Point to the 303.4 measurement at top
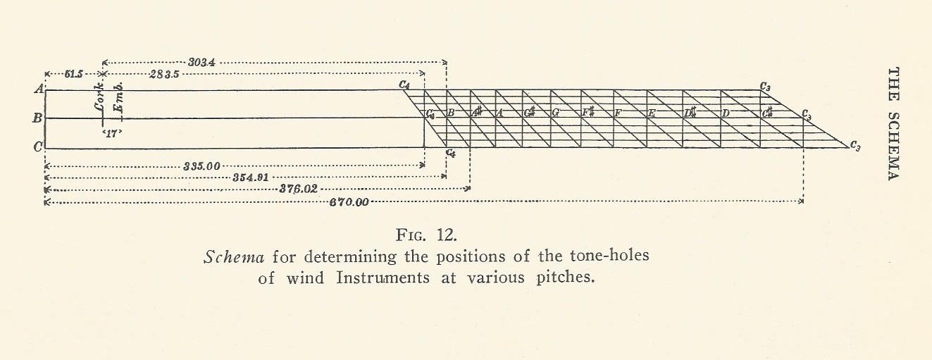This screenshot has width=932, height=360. pos(204,62)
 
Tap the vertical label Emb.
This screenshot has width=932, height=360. pos(121,97)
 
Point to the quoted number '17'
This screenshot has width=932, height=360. pos(106,132)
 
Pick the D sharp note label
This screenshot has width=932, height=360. pos(689,113)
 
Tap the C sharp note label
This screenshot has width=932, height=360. pos(767,113)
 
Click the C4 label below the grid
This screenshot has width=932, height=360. pos(451,152)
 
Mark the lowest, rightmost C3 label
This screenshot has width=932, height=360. pos(855,146)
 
